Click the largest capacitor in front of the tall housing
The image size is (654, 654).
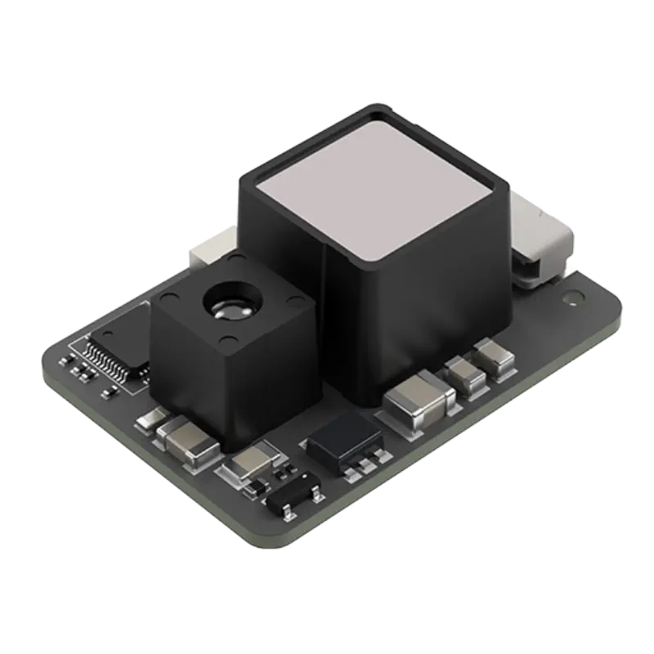pyautogui.click(x=418, y=401)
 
